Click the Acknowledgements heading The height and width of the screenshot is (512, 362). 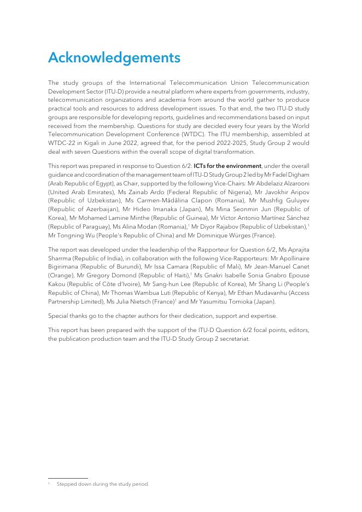pos(114,57)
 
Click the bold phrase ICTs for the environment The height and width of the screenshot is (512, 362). pos(227,166)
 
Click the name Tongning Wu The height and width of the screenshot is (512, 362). pos(71,235)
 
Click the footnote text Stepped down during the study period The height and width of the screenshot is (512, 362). pos(103,484)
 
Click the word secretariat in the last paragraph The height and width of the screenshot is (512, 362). pos(233,339)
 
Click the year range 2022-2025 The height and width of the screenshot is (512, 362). pos(241,144)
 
